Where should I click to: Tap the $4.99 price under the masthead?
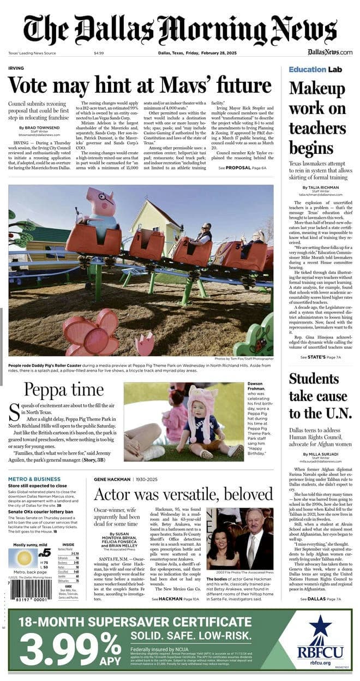tap(99, 53)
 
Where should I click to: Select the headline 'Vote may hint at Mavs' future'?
tap(140, 86)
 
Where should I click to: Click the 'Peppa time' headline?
tap(63, 390)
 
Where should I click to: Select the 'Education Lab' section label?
tap(315, 70)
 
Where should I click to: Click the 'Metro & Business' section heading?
tap(34, 479)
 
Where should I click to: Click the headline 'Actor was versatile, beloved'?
tap(183, 494)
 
